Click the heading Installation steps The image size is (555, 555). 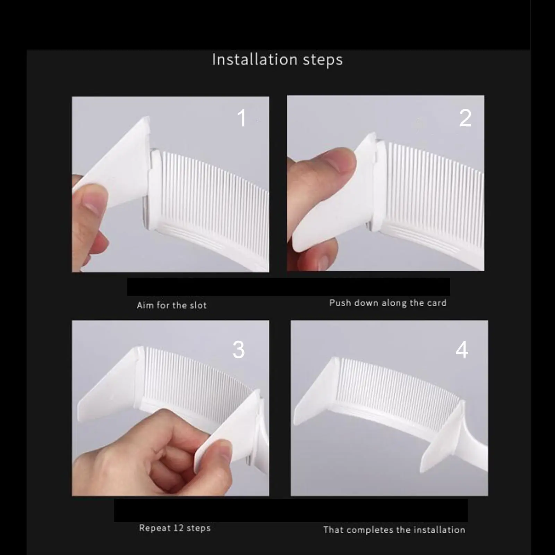(x=277, y=60)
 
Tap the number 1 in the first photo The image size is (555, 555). (x=242, y=118)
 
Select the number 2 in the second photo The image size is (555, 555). (x=465, y=118)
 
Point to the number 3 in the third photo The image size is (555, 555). (x=238, y=349)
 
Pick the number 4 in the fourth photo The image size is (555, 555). (x=462, y=349)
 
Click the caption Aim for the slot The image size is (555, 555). (x=172, y=305)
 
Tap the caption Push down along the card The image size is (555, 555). (x=387, y=303)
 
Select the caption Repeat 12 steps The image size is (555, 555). (x=175, y=528)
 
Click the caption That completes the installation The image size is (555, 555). (x=394, y=530)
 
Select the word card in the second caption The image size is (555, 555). (x=437, y=303)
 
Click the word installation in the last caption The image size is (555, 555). (x=439, y=530)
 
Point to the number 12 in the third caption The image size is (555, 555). (x=178, y=528)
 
